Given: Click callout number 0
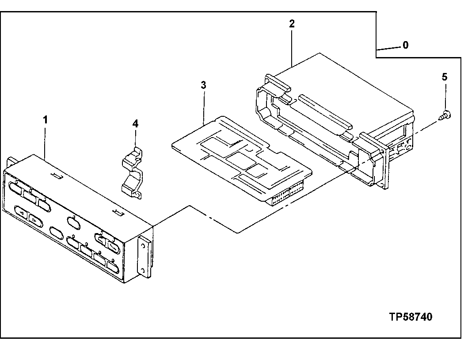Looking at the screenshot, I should point(405,45).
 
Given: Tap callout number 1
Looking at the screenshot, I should point(45,120).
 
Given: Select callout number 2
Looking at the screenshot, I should point(292,24).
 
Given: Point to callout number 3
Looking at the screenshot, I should point(203,85).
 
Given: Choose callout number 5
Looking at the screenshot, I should point(444,77).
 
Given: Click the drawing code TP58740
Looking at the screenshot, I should point(411,317).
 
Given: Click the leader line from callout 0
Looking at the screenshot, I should point(389,47).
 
